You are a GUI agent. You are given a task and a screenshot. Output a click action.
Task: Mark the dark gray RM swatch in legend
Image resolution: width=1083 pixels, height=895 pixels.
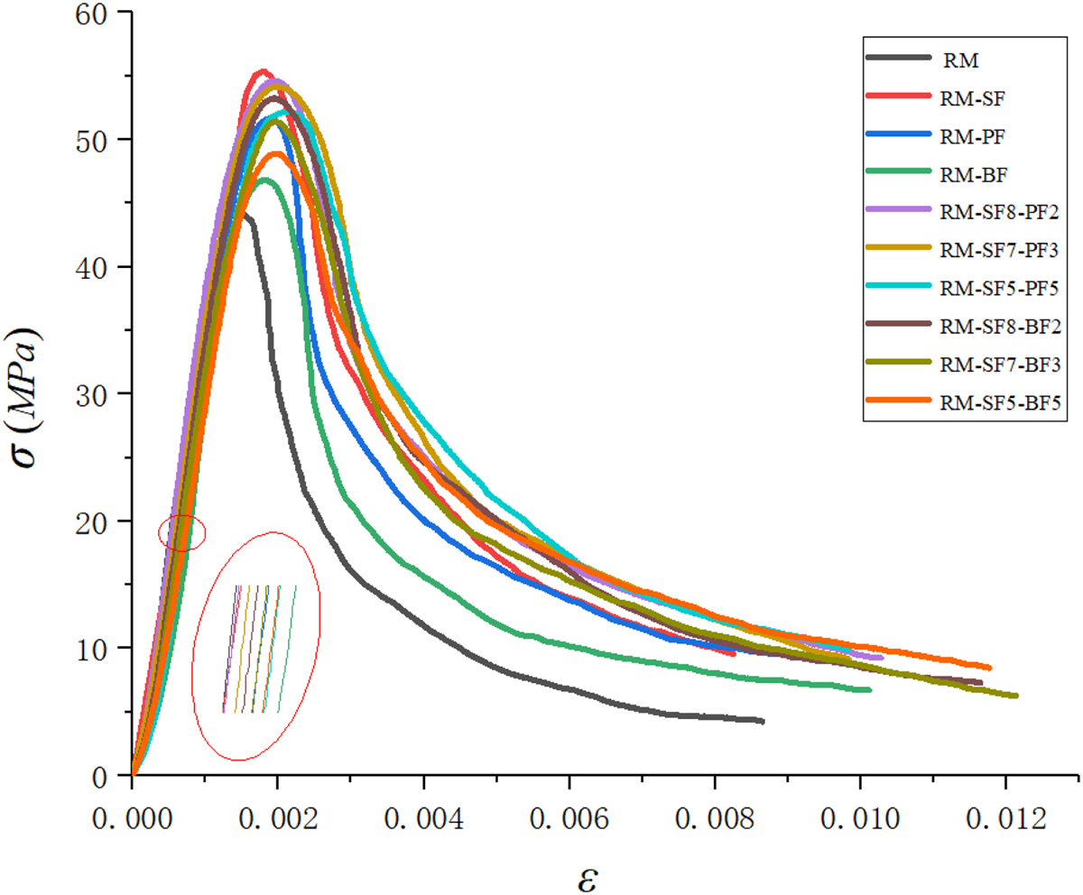pos(897,58)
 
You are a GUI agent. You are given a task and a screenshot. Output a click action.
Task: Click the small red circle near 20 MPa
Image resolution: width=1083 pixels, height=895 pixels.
pos(182,532)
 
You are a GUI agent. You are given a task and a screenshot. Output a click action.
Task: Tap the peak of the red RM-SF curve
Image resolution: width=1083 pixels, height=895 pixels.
pos(262,70)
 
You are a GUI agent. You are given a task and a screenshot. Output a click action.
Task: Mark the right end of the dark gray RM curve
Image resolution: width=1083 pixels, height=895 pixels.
pos(763,721)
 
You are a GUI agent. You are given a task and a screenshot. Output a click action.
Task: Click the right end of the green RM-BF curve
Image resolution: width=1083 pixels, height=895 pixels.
pos(869,689)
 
